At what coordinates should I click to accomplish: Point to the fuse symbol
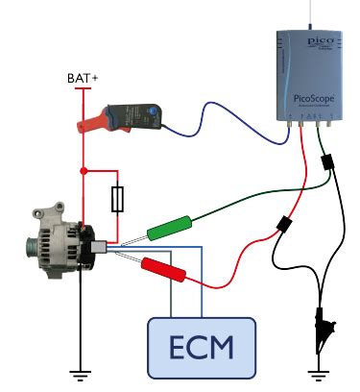click(117, 200)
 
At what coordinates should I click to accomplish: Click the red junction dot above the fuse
click(84, 172)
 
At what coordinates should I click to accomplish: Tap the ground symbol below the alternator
click(82, 373)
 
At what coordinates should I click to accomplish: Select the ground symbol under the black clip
click(316, 373)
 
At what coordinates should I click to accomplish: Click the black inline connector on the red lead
click(284, 227)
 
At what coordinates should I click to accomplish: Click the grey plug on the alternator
click(97, 247)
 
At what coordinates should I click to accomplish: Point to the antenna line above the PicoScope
click(314, 13)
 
